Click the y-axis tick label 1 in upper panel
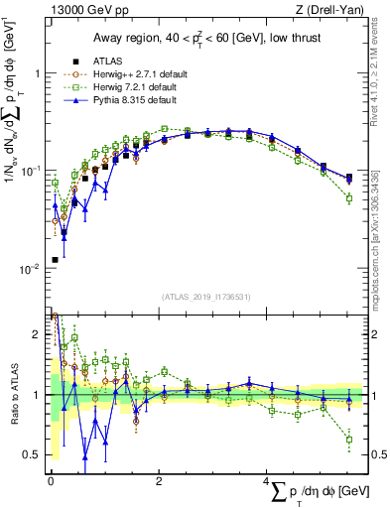pos(36,74)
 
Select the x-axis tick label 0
pos(51,481)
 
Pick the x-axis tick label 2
pos(159,481)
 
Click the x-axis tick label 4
pos(267,481)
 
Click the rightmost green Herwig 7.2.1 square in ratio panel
pos(349,439)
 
